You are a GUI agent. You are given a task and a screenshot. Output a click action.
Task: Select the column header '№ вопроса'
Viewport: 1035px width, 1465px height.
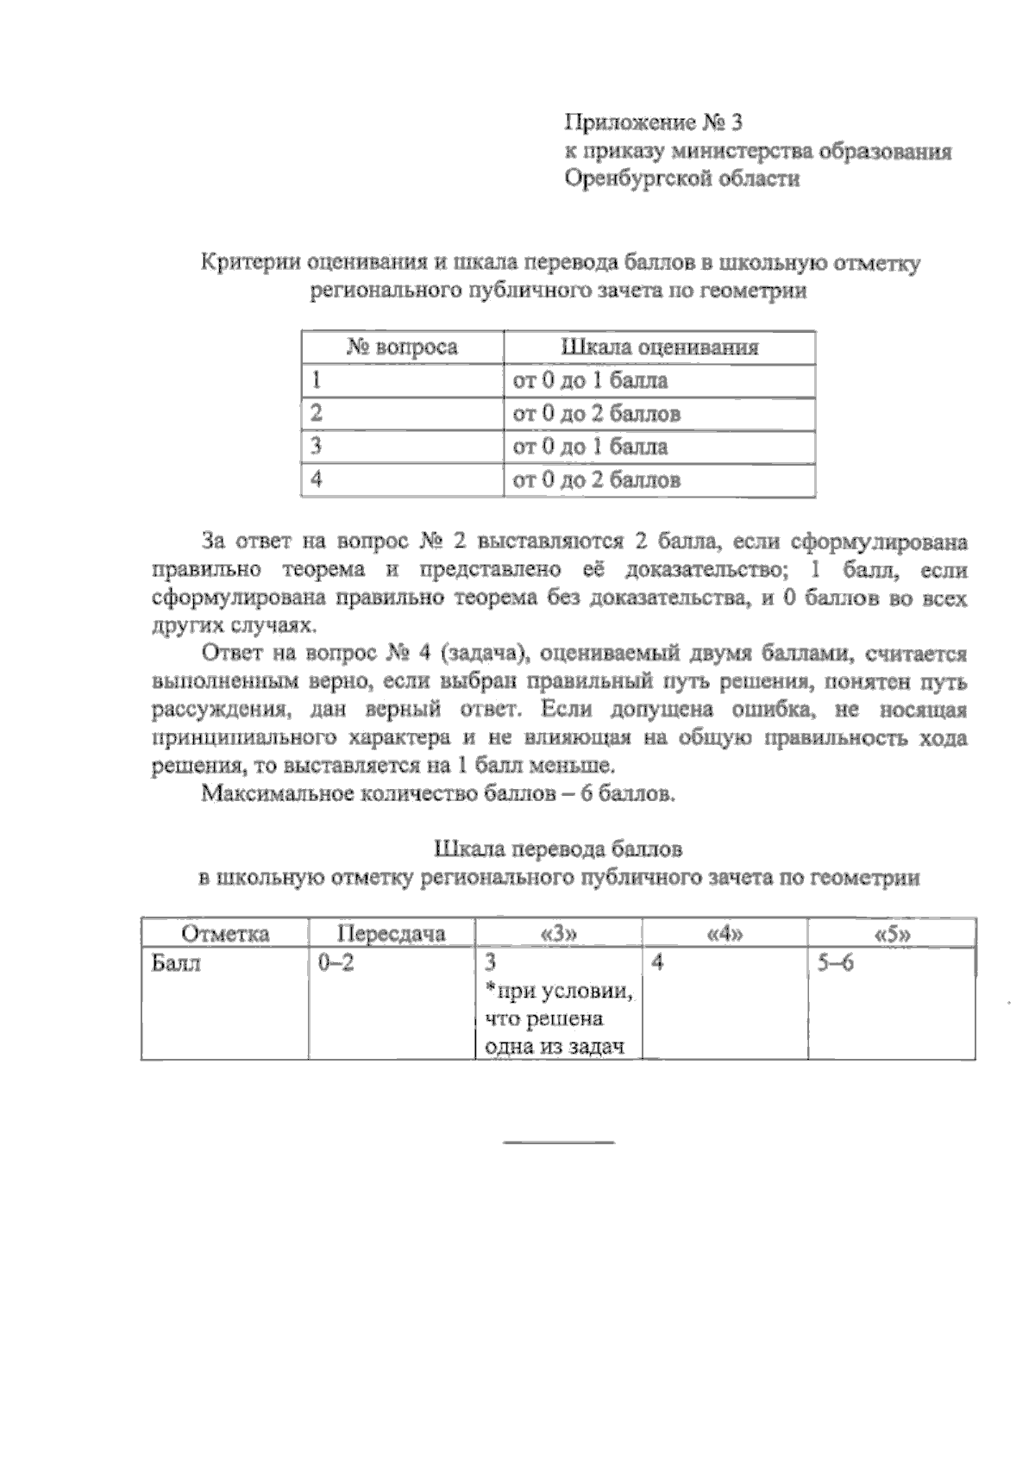coord(402,347)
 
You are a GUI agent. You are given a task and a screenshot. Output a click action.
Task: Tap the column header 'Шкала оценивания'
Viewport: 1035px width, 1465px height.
coord(660,347)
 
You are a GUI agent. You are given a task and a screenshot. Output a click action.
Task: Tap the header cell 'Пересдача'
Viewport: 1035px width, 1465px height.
coord(392,934)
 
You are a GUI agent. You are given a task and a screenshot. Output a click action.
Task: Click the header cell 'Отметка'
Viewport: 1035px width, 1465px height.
coord(225,934)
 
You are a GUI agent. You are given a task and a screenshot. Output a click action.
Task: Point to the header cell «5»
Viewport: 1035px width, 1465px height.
coord(892,934)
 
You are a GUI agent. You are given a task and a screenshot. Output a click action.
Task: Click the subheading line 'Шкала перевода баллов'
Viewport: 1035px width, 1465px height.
coord(559,849)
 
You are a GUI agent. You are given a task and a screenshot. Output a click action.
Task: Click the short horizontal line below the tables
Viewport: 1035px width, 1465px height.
coord(559,1143)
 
